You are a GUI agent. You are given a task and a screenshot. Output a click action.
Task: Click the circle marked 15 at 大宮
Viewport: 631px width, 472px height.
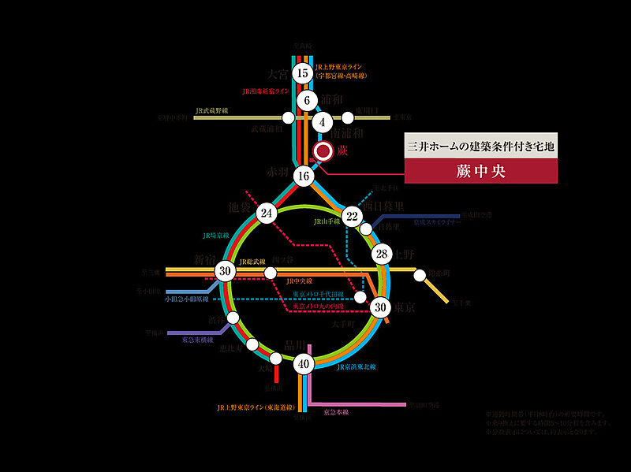[x=302, y=74]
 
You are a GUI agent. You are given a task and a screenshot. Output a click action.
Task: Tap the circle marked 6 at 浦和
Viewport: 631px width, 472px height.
[x=307, y=100]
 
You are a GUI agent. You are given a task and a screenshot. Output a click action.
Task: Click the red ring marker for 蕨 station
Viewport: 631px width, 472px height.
[x=323, y=151]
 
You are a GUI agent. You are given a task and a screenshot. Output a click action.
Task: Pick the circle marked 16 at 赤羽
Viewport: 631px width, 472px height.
[x=303, y=177]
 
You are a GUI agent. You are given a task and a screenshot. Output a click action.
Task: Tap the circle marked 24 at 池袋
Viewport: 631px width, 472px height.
[x=267, y=213]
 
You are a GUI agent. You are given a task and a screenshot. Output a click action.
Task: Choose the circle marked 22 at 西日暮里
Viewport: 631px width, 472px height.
[x=352, y=216]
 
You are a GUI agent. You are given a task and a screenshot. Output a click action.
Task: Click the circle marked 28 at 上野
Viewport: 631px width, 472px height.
[x=383, y=254]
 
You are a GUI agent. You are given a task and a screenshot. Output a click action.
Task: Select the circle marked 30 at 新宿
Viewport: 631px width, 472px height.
[x=226, y=271]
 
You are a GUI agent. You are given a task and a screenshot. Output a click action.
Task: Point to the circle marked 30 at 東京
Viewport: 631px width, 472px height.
[x=381, y=307]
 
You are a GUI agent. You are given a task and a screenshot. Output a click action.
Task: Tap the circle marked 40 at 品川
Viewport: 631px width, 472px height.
[x=304, y=364]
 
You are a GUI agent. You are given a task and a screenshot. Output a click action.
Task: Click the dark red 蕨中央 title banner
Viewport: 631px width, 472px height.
[x=480, y=169]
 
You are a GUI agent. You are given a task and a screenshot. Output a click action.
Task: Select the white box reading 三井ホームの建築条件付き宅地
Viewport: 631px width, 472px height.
[x=480, y=146]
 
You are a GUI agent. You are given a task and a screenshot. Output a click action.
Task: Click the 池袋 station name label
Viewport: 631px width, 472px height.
[x=241, y=206]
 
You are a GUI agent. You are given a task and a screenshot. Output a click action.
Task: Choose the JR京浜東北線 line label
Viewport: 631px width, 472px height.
[x=356, y=367]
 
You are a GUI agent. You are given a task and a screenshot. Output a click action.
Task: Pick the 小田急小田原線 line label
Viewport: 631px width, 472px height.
[x=187, y=299]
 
